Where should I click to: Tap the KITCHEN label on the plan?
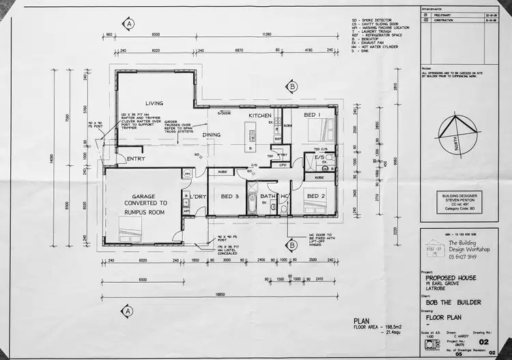(x=259, y=115)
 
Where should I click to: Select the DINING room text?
(x=212, y=135)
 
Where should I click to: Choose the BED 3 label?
(x=230, y=197)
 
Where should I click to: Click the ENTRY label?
(x=136, y=159)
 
